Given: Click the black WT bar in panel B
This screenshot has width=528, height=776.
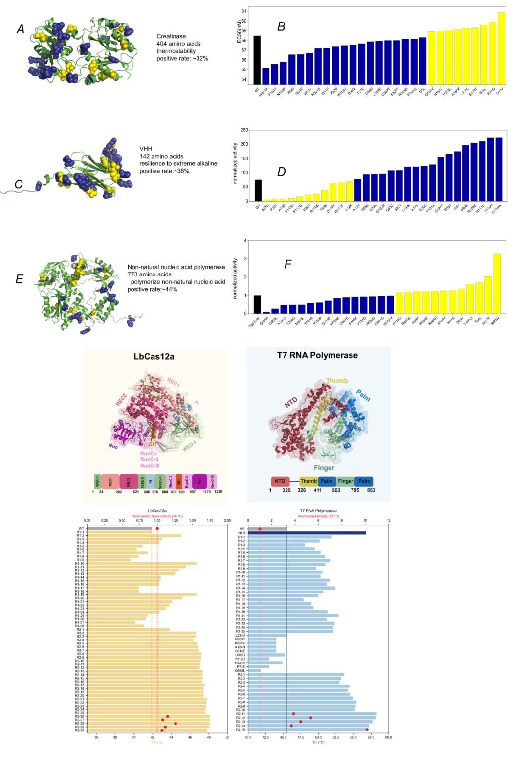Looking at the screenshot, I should click(257, 60).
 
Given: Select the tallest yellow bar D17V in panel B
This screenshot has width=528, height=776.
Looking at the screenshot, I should click(501, 48).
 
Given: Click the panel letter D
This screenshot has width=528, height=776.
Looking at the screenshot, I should click(281, 172).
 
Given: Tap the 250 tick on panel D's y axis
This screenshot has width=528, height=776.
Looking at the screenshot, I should click(244, 130).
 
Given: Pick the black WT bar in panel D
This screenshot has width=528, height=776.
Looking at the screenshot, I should click(258, 190).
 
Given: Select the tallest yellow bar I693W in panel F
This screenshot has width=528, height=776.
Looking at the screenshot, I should click(497, 284).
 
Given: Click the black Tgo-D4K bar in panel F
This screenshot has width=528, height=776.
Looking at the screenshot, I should click(257, 304).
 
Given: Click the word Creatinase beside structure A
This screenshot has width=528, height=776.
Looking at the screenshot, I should click(171, 36).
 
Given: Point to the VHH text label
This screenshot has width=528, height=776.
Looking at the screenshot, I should click(146, 149).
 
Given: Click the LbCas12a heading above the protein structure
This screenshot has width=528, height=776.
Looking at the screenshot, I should click(154, 357).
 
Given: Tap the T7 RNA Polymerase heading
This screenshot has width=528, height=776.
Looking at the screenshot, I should click(317, 355).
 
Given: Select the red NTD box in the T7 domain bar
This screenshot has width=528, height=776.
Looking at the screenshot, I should click(280, 481).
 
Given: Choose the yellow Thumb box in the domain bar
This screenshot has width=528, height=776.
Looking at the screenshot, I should click(308, 481).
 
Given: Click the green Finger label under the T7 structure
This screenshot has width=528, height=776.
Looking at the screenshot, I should click(324, 468).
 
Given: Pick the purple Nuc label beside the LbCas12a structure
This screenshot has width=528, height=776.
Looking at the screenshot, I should click(113, 446).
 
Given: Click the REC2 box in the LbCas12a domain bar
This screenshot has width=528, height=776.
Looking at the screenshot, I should click(129, 481).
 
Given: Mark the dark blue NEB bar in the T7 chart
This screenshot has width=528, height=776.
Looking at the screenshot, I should click(307, 533).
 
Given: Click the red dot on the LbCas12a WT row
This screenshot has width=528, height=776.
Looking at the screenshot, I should click(157, 528).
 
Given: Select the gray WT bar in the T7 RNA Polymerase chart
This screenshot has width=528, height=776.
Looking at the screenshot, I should click(267, 529).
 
